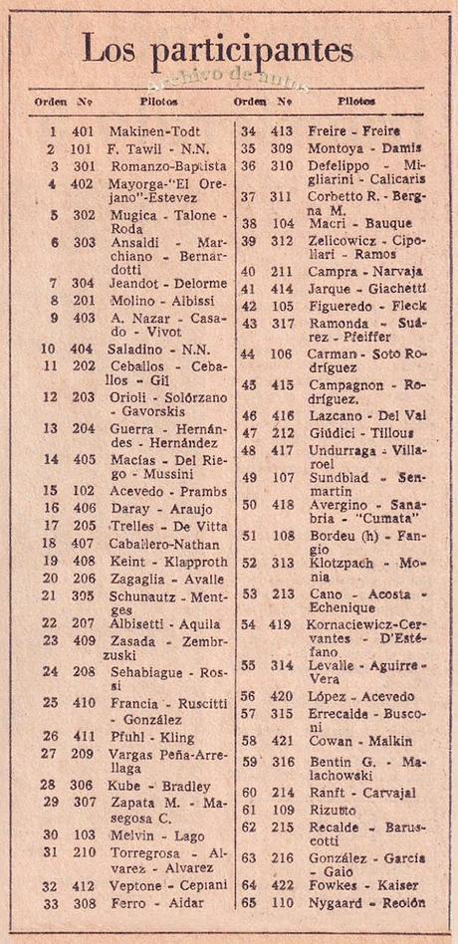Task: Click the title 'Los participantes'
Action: click(x=217, y=47)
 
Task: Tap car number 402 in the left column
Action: click(x=83, y=184)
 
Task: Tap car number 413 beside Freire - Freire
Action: click(x=281, y=130)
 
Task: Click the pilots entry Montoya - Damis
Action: click(x=366, y=147)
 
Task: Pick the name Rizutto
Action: click(x=336, y=810)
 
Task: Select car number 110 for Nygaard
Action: click(x=282, y=903)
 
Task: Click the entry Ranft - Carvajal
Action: click(x=360, y=792)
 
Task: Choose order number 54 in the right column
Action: click(x=248, y=625)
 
